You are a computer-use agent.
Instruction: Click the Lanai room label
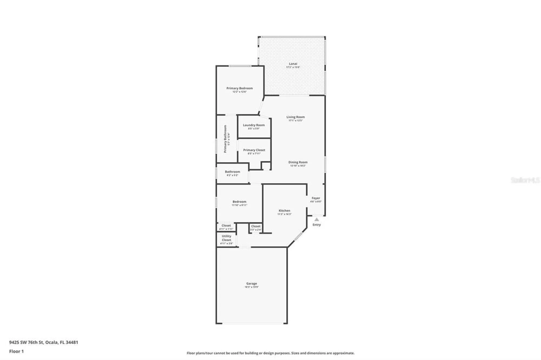(x=293, y=64)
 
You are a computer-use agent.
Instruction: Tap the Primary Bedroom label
(x=239, y=88)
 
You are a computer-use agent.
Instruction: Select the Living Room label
(x=295, y=117)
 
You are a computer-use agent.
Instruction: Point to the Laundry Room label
(x=254, y=125)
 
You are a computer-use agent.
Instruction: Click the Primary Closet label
(x=254, y=150)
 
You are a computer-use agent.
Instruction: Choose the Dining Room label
(x=298, y=162)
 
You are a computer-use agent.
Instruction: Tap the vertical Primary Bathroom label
(x=225, y=139)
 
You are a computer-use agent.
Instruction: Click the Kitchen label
(x=284, y=211)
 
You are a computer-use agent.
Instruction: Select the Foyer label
(x=316, y=198)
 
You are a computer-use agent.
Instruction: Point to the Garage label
(x=251, y=284)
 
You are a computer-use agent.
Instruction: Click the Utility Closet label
(x=226, y=238)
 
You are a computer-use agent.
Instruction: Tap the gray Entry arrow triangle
(x=316, y=219)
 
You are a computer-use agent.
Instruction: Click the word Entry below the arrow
(x=316, y=225)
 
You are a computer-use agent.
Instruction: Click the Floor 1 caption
(x=17, y=351)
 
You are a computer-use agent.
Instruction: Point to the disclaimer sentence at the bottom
(x=270, y=353)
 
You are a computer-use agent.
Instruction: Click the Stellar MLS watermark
(x=525, y=180)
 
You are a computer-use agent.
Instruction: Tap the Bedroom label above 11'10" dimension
(x=239, y=202)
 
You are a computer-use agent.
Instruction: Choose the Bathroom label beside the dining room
(x=232, y=172)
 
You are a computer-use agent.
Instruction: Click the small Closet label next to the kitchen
(x=256, y=226)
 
